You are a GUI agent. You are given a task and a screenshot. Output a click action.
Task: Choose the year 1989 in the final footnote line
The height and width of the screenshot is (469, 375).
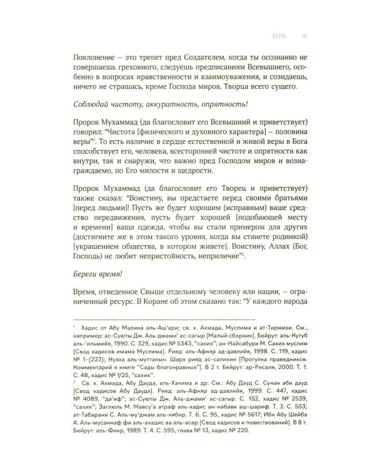point(147,458)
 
